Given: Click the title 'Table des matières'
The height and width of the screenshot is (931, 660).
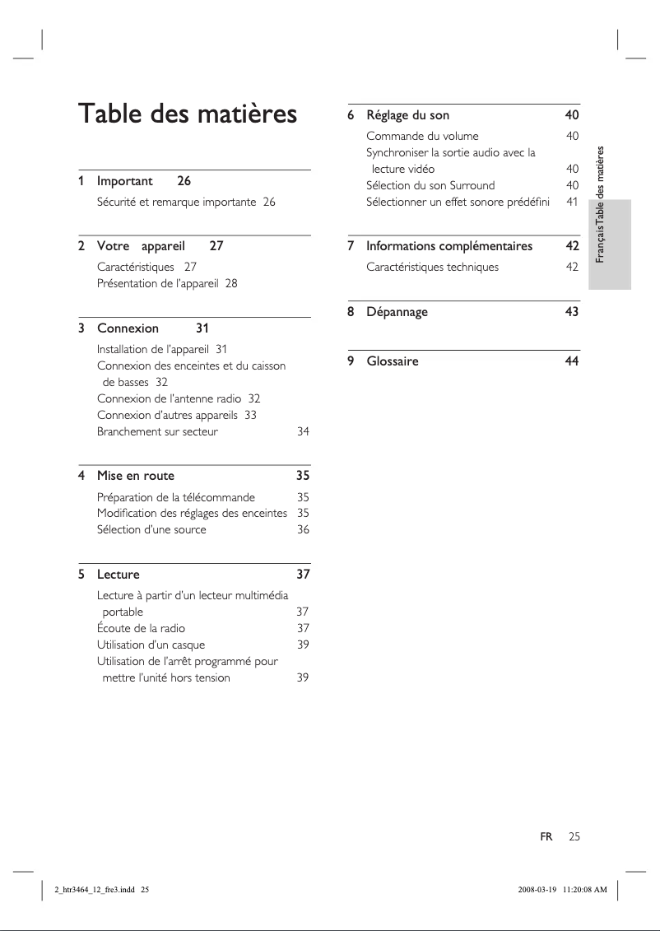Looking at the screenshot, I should (x=187, y=114).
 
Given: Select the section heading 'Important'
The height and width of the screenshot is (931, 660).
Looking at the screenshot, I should (x=125, y=180).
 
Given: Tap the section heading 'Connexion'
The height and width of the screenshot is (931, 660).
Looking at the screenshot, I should (x=128, y=328).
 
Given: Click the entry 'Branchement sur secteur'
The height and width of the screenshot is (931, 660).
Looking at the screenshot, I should (x=157, y=431).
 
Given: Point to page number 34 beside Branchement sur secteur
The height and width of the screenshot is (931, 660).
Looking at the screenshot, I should (x=303, y=431).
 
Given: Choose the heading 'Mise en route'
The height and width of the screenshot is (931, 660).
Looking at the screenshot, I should (x=136, y=476).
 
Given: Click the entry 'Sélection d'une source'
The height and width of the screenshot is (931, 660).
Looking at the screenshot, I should (x=151, y=530).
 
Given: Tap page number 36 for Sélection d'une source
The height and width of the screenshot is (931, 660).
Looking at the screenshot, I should (x=303, y=530).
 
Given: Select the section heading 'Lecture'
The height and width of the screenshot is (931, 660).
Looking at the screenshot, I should (x=119, y=575).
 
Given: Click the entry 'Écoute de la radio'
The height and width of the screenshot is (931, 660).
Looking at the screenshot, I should (x=141, y=629).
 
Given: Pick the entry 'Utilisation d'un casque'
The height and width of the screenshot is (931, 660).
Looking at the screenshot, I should (x=151, y=645).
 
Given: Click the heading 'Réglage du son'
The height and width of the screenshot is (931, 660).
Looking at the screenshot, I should (x=407, y=114).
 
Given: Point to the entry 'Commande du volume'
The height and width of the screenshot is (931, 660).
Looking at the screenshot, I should (x=422, y=136).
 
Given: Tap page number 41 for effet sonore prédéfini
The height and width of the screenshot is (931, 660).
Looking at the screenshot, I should (x=572, y=202).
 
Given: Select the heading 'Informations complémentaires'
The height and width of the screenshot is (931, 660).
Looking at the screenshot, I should (x=449, y=246).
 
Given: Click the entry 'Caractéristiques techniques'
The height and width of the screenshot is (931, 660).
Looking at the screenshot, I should (x=432, y=268).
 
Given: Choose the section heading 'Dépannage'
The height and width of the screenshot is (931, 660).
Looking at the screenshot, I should (x=397, y=312).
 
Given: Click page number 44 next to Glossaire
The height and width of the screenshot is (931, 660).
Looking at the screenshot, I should (x=572, y=361).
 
